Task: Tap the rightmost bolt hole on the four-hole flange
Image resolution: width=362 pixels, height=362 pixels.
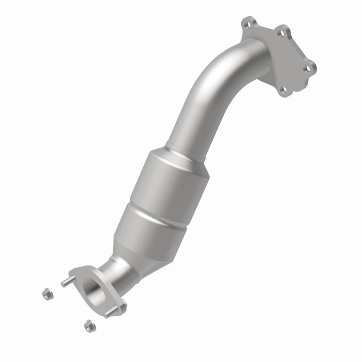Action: click(310, 66)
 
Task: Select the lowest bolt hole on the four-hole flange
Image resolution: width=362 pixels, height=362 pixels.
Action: click(284, 91)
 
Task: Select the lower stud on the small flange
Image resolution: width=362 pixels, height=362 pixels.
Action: click(110, 312)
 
